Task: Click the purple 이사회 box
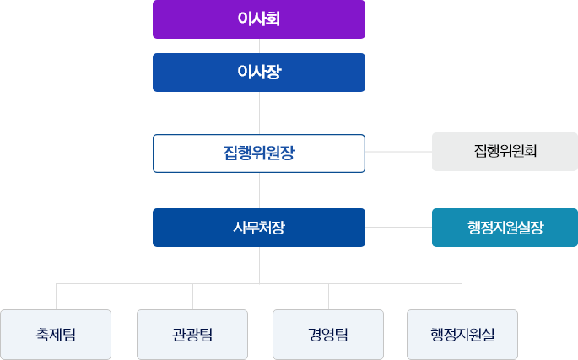coord(258,19)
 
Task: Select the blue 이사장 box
coord(258,73)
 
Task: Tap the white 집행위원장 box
coord(258,153)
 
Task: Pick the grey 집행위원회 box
coord(505,152)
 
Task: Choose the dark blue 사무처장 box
coord(258,228)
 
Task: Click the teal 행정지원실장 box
coord(505,228)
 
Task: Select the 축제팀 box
coord(57,335)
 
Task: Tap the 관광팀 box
coord(192,335)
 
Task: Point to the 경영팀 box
coord(328,335)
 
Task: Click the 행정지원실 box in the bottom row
coord(462,335)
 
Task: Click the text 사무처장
coord(258,228)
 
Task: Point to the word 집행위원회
coord(505,152)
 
